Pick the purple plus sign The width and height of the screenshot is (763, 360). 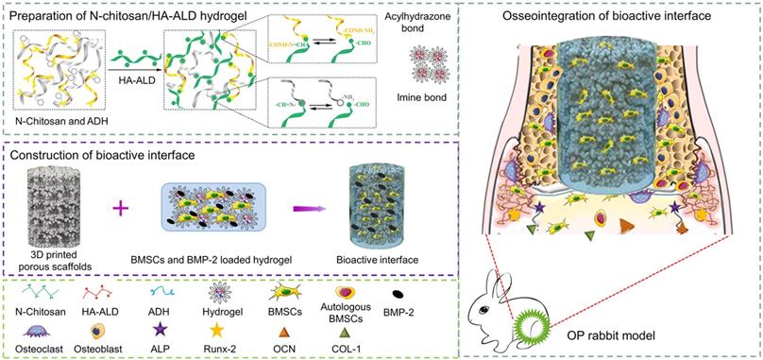121,205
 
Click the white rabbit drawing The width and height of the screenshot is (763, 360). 492,311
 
